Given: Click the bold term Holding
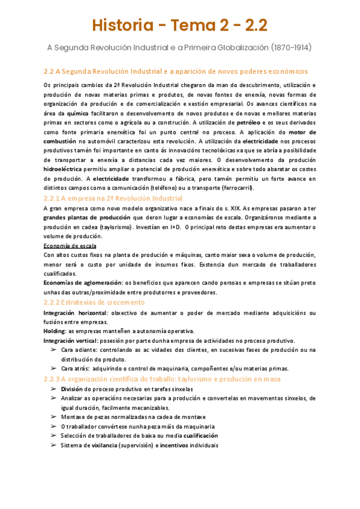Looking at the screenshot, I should coord(55,331).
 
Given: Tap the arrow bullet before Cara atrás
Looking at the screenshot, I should coord(53,369).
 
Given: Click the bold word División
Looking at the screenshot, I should coord(75,389).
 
